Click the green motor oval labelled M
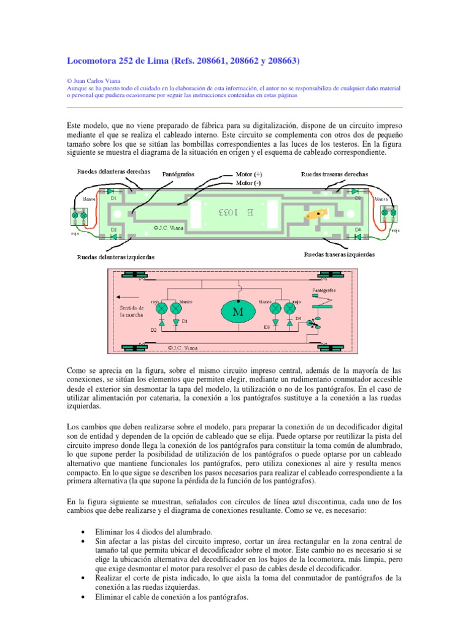coord(236,311)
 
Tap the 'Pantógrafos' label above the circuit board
coord(178,174)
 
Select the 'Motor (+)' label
coord(249,174)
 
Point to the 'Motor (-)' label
coord(248,182)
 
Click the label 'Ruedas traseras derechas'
coord(334,174)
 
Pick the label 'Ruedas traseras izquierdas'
coord(339,254)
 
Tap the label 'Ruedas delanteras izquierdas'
coord(116,257)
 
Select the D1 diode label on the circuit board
coord(113,198)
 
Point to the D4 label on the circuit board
coord(359,229)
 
